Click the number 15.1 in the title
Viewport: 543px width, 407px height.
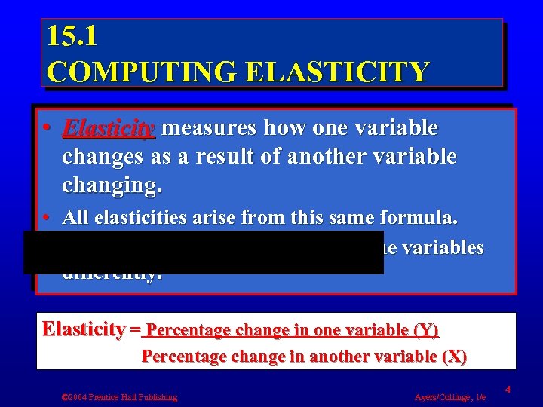72,36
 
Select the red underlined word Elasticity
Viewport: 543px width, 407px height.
109,129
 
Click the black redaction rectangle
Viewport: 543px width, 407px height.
204,252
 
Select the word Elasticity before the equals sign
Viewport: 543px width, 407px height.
84,329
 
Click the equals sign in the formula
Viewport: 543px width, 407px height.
135,330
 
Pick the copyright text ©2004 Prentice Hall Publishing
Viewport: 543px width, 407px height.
120,396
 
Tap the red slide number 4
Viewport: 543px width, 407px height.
508,390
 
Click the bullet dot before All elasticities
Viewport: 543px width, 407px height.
46,219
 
